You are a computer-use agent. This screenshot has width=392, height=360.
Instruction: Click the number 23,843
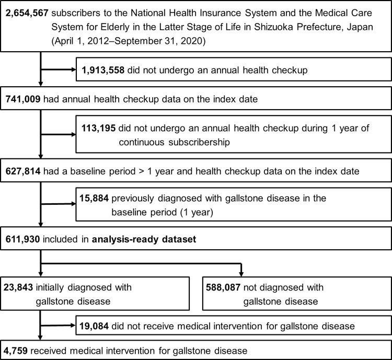click(x=20, y=287)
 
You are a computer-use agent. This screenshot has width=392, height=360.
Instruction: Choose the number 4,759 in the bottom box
click(x=17, y=350)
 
